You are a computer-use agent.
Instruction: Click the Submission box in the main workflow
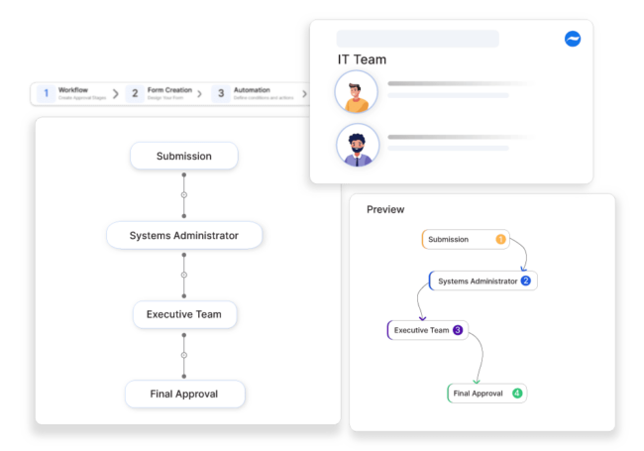coord(184,156)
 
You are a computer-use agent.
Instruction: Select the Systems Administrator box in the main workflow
coord(184,235)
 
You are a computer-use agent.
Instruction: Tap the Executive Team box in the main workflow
coord(184,314)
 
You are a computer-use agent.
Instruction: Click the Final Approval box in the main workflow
coord(184,394)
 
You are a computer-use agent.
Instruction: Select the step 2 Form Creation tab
coord(163,93)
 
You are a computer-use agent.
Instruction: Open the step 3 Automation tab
coord(253,93)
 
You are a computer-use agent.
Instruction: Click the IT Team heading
coord(362,59)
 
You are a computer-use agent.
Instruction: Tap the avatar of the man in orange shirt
coord(357,91)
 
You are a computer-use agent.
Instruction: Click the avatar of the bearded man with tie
coord(357,144)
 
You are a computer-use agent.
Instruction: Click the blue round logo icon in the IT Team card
coord(573,39)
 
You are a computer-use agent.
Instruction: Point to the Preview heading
coord(385,209)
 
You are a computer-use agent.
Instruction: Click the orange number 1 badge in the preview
coord(500,239)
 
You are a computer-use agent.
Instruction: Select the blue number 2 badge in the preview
coord(526,281)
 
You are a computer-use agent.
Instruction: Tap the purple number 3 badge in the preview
coord(458,330)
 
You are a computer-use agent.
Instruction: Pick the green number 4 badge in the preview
coord(517,394)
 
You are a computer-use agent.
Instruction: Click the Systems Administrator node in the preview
coord(478,281)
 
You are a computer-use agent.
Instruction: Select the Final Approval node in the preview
coord(479,394)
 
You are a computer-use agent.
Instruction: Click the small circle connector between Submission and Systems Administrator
coord(183,195)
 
